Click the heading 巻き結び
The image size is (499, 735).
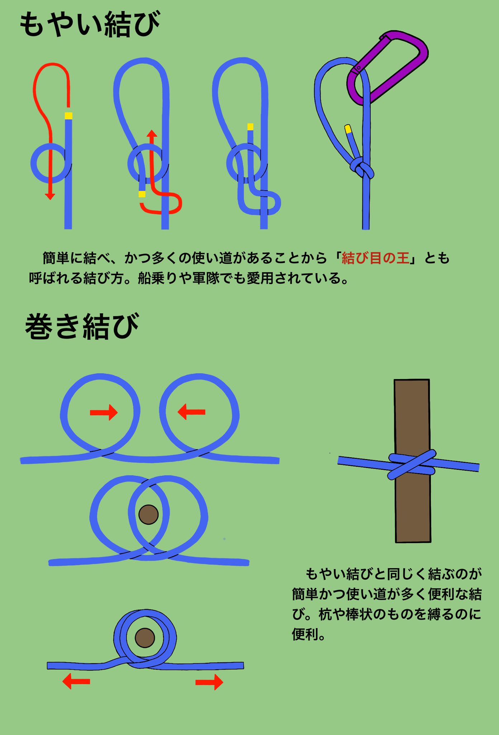tap(82, 326)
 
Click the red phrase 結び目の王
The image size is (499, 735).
tap(375, 258)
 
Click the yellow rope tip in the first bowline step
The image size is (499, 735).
tap(68, 116)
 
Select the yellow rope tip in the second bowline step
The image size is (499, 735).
tap(142, 194)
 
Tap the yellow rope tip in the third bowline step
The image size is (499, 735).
tap(250, 127)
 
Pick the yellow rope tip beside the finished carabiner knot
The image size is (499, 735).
tap(348, 128)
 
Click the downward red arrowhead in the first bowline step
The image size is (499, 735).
tap(50, 196)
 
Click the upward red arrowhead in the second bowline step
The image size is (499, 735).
tap(152, 134)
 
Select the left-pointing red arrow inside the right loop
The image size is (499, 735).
tap(191, 412)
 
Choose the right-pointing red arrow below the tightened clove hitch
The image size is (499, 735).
tap(209, 682)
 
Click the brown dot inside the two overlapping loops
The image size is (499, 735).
tap(148, 515)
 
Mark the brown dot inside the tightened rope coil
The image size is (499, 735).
tap(145, 638)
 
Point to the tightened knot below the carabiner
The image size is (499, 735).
tap(362, 169)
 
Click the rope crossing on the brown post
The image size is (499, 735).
tap(412, 465)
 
